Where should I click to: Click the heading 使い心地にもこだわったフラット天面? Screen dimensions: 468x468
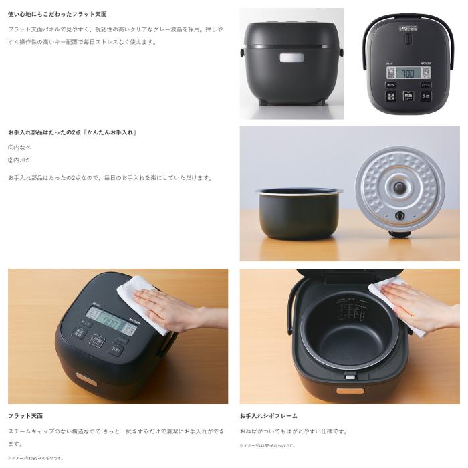pos(57,14)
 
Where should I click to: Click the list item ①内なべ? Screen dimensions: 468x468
pos(19,148)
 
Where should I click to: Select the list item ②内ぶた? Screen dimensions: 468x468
pos(19,160)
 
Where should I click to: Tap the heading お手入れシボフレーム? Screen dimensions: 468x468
pos(268,416)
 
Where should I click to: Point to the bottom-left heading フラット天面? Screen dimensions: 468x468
pos(25,416)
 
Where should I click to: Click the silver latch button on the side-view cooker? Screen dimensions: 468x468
pos(291,58)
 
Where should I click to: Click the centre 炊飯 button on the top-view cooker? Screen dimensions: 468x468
pos(408,96)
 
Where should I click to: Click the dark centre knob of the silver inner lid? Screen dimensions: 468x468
pos(399,187)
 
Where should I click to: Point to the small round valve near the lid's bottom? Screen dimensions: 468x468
pos(400,216)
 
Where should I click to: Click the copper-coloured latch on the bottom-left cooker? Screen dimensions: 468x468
pos(85,378)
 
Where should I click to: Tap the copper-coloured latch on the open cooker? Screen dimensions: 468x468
pos(350,390)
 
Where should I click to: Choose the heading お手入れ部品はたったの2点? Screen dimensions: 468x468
pos(72,132)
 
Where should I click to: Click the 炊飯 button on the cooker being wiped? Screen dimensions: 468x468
pos(98,340)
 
